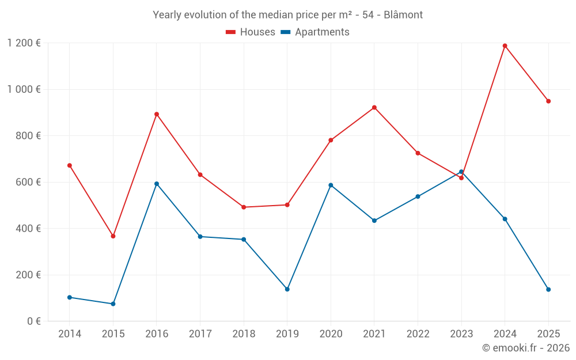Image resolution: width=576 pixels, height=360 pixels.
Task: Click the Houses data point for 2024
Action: [505, 46]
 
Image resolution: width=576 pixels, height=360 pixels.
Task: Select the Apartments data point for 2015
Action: [113, 304]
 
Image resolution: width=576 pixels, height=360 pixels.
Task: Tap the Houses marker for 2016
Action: [157, 114]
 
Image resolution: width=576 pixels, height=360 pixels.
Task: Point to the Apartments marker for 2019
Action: [287, 289]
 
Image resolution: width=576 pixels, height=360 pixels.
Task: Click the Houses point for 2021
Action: [374, 108]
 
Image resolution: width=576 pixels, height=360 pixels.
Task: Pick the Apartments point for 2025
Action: [548, 290]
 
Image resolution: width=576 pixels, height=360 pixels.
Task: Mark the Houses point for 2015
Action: [113, 236]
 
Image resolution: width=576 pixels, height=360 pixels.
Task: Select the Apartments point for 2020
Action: [331, 185]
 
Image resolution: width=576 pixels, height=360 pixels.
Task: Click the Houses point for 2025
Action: [548, 101]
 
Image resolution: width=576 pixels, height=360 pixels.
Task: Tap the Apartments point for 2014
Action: [70, 297]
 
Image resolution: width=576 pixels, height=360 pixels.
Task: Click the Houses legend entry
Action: [251, 32]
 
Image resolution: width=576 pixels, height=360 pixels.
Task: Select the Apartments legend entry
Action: [315, 32]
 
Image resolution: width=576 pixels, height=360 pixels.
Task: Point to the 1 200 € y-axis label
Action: [24, 43]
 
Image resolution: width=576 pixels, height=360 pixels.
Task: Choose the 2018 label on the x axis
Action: [244, 334]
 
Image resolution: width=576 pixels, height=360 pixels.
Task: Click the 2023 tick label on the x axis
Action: [461, 334]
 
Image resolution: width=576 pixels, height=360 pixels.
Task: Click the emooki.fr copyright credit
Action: [526, 348]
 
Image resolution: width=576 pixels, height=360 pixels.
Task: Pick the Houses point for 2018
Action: [244, 207]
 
